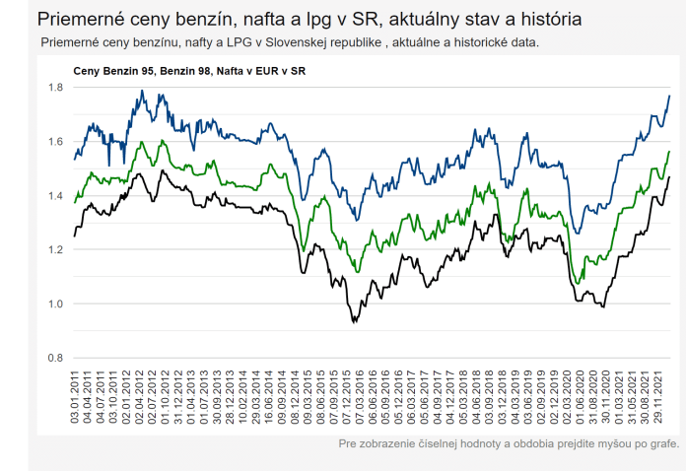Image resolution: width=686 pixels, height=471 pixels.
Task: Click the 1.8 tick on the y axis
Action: coord(56,89)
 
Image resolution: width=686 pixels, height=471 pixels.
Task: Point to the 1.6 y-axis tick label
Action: coord(56,142)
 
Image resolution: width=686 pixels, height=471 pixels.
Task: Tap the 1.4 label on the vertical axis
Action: coord(56,196)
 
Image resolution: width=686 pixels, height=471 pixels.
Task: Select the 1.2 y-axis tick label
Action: coord(56,250)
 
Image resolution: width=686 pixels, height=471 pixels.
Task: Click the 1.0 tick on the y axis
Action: coord(56,304)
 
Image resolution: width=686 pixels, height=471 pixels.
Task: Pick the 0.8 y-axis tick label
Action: coord(56,358)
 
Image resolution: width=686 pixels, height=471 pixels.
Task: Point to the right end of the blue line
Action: coord(669,96)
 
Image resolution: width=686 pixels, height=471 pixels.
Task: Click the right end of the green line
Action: coord(669,152)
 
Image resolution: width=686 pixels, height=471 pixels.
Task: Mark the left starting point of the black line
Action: coord(74,235)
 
